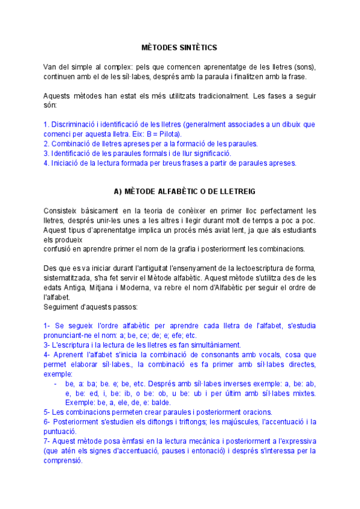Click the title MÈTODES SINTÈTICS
179,47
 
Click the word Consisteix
61,211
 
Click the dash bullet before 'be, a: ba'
55,384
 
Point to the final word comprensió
63,460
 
